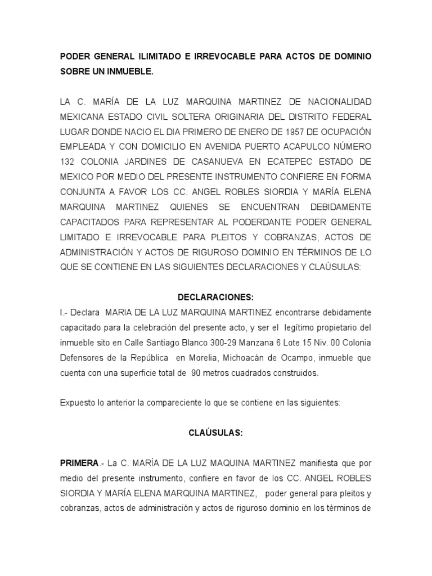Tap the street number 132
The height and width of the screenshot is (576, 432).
pyautogui.click(x=68, y=160)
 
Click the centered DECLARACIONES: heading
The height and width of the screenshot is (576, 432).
pyautogui.click(x=215, y=297)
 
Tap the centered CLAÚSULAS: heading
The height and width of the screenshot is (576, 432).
pyautogui.click(x=215, y=433)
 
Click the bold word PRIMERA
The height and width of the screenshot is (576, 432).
pyautogui.click(x=79, y=463)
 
